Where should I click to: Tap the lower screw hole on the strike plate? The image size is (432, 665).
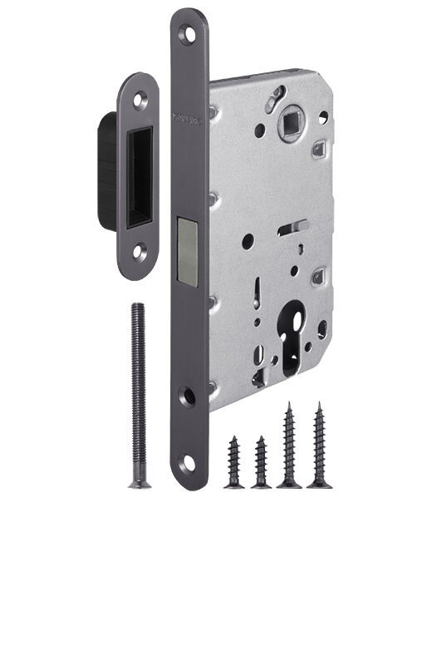pos(140,248)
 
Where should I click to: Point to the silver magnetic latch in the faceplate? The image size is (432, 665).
pos(187,248)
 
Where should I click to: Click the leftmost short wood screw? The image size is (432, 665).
pos(234,461)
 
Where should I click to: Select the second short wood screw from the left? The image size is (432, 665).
pos(262,461)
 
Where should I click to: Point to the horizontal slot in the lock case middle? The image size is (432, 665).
pos(297,225)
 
